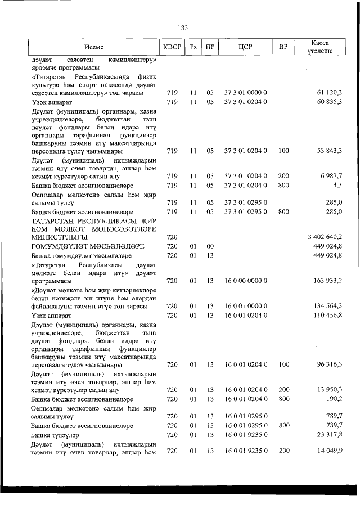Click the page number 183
pyautogui.click(x=181, y=28)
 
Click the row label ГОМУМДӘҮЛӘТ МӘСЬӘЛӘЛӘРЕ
pyautogui.click(x=80, y=246)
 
